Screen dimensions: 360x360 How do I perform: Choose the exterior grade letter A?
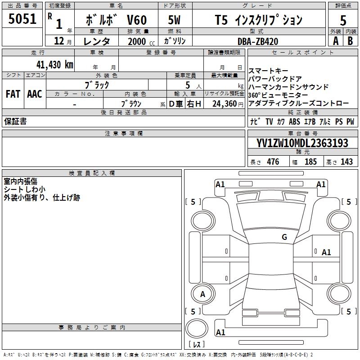pos(335,40)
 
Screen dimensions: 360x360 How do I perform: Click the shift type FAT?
pos(13,94)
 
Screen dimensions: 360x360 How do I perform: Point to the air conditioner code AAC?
pos(35,94)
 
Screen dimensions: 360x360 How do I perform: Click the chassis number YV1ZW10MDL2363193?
pos(302,143)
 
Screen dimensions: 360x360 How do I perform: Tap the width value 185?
pos(310,162)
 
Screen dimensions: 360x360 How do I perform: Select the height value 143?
pos(346,162)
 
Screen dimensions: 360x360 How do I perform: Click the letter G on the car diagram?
pos(284,237)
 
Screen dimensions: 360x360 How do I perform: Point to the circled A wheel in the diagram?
pos(203,294)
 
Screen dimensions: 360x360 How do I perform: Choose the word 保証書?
pos(15,121)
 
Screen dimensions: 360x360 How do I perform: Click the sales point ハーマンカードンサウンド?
pos(288,87)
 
